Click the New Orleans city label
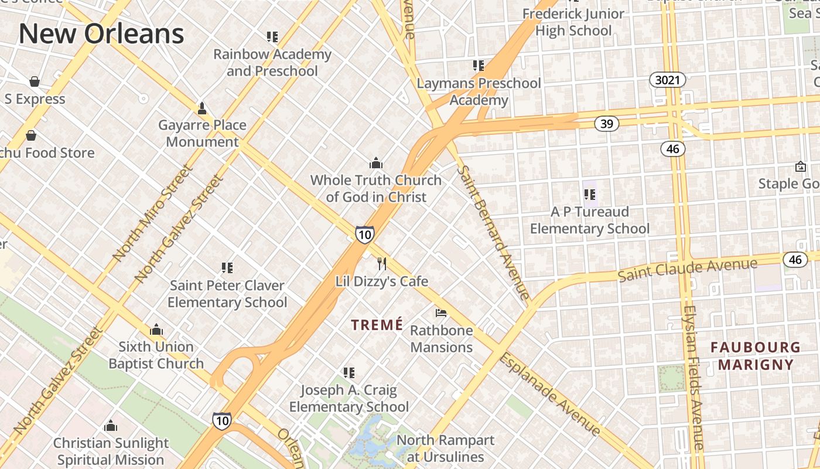(x=101, y=33)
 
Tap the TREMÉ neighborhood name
(x=377, y=325)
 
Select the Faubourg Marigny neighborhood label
(x=756, y=356)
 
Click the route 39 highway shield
(x=607, y=124)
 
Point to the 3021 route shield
(x=667, y=80)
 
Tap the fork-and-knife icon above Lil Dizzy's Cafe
(x=382, y=263)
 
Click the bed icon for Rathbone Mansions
(x=441, y=312)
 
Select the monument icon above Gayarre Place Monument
(x=202, y=108)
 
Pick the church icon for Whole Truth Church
(x=375, y=162)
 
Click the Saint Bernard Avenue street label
(x=493, y=232)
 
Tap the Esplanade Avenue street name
(x=549, y=394)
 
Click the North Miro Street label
(x=153, y=213)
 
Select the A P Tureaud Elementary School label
(x=590, y=220)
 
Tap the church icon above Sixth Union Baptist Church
(x=156, y=329)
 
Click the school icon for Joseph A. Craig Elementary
(x=349, y=372)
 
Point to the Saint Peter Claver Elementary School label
(x=227, y=294)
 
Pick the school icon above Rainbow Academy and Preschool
(x=272, y=37)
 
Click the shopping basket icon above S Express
(x=35, y=81)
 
